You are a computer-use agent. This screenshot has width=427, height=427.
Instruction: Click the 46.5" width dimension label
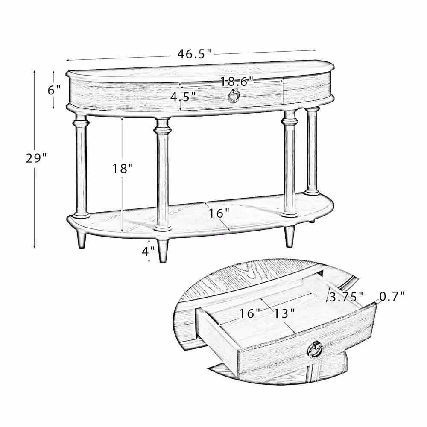(x=195, y=54)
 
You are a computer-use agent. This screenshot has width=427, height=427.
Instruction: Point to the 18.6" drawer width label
(x=237, y=80)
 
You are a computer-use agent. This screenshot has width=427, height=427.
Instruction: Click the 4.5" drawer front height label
(x=183, y=96)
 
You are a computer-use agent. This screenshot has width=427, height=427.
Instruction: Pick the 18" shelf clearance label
(x=123, y=169)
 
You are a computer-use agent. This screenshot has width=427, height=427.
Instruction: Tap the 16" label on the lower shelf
(x=219, y=213)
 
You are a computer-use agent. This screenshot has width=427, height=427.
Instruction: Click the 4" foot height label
(x=148, y=252)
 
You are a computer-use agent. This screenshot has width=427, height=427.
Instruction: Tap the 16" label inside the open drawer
(x=249, y=313)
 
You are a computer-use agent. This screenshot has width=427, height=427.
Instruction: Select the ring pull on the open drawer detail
(x=315, y=350)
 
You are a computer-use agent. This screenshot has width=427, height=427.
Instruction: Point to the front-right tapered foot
(x=290, y=236)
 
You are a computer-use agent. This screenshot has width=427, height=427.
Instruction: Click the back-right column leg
(x=312, y=149)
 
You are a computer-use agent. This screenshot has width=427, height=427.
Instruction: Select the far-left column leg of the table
(x=81, y=164)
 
